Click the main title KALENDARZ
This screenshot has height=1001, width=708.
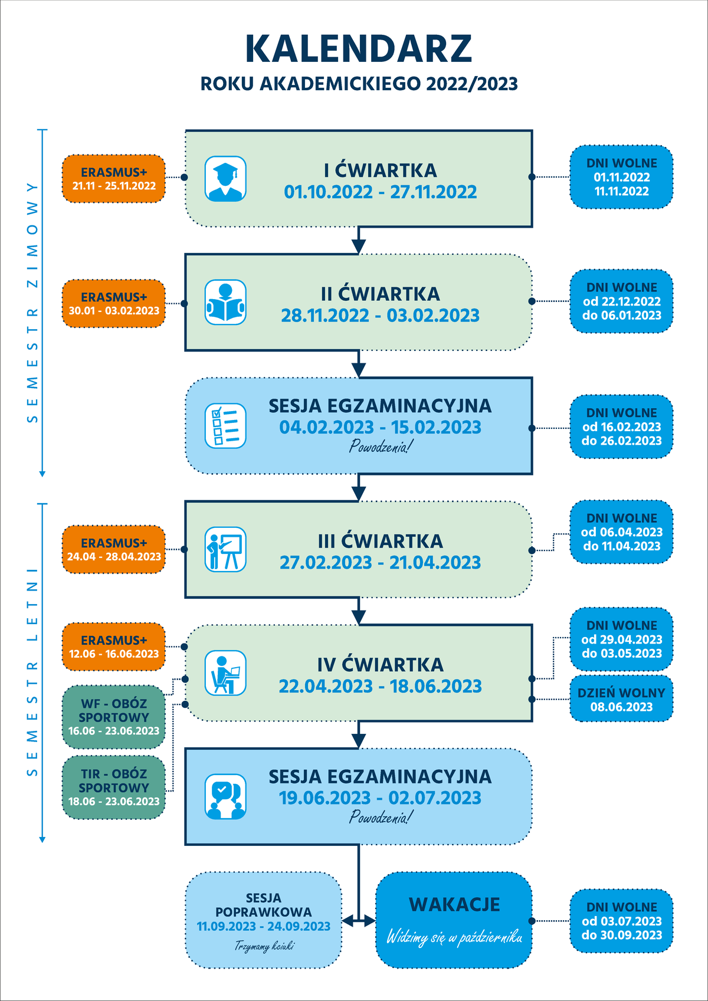click(x=358, y=49)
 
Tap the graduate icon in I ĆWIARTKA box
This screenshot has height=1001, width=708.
click(x=225, y=179)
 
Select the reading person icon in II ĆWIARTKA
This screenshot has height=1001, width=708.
click(x=225, y=303)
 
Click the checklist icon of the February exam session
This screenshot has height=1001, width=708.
click(x=225, y=426)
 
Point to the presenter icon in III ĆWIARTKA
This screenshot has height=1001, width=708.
click(x=225, y=550)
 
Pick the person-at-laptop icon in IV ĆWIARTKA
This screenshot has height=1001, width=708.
click(x=225, y=673)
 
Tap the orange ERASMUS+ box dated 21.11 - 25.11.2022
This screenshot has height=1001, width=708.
click(x=114, y=179)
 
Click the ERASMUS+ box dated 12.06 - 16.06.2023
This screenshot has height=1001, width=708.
click(x=114, y=646)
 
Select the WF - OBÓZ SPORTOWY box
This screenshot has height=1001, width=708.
click(x=114, y=717)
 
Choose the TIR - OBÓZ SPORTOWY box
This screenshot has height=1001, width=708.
click(x=114, y=787)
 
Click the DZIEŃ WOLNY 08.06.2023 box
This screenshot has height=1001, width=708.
click(x=621, y=700)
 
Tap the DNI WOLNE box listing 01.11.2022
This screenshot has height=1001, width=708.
click(x=621, y=177)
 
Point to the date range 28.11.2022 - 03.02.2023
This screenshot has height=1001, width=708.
click(x=380, y=316)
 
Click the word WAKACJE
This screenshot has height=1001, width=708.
click(x=454, y=904)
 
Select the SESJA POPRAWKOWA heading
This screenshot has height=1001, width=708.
click(x=263, y=905)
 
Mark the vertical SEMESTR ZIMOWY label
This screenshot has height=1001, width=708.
click(x=32, y=303)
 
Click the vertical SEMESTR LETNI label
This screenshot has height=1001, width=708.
click(x=32, y=672)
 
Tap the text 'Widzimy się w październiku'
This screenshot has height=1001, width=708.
click(x=454, y=937)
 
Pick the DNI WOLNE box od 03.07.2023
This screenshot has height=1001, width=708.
click(x=621, y=921)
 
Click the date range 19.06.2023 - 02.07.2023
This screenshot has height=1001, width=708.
click(x=380, y=798)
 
